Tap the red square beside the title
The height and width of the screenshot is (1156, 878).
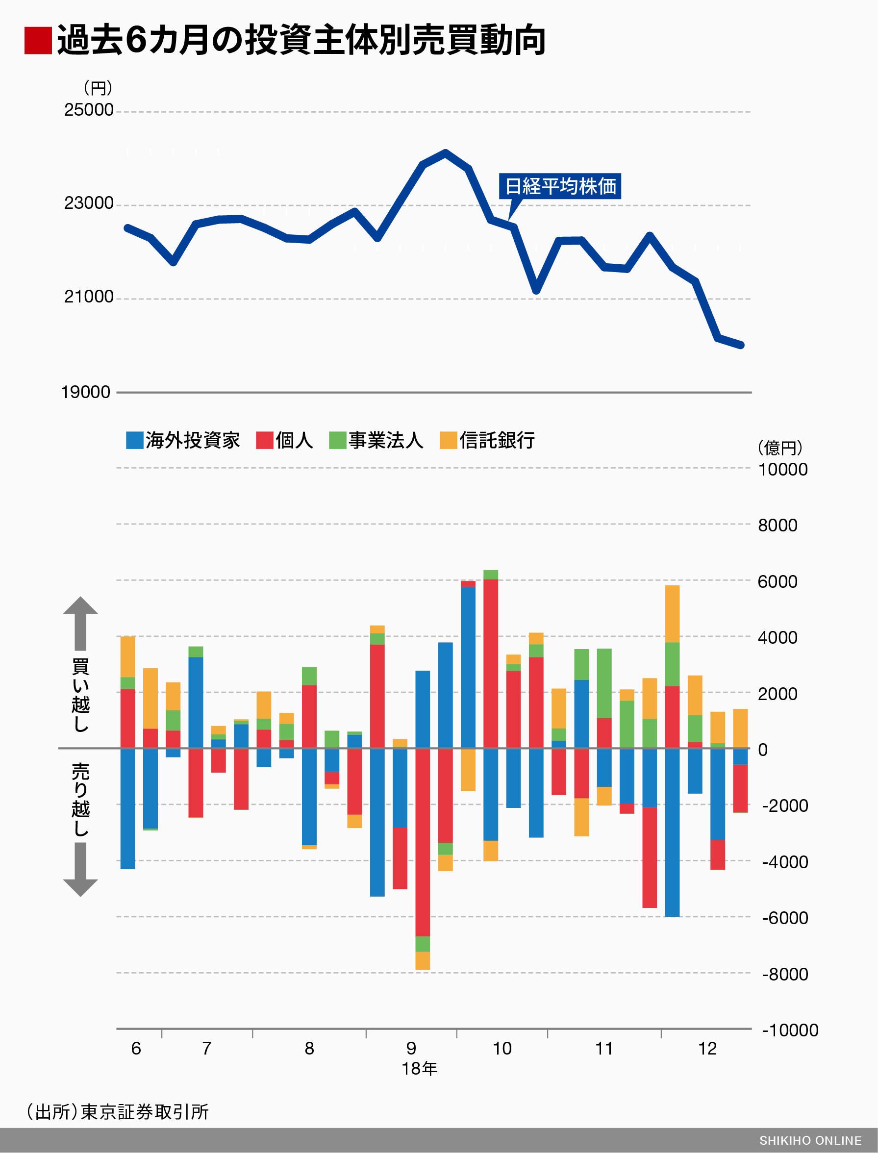pos(38,41)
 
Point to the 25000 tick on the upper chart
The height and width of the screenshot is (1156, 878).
pos(88,110)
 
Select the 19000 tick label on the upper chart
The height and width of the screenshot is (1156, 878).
pos(85,392)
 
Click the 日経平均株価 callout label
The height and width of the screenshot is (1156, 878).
pos(560,186)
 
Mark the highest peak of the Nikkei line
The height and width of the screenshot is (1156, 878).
pos(445,152)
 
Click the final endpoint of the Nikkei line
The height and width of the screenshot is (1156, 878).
pos(741,345)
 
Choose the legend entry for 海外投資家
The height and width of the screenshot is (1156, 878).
pos(183,440)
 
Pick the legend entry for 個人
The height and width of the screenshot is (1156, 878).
pos(285,440)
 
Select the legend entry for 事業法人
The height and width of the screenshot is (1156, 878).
pos(376,440)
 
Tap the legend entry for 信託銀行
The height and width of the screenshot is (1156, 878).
pos(488,440)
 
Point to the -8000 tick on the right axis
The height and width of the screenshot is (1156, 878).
pos(784,974)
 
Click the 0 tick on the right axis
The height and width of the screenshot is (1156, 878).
pos(762,750)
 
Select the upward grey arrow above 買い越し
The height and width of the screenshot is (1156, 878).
pos(80,622)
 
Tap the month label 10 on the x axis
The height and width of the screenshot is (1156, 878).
pos(502,1048)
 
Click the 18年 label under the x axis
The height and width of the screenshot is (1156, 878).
pos(419,1069)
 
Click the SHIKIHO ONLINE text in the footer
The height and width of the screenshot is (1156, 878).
pos(810,1141)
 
